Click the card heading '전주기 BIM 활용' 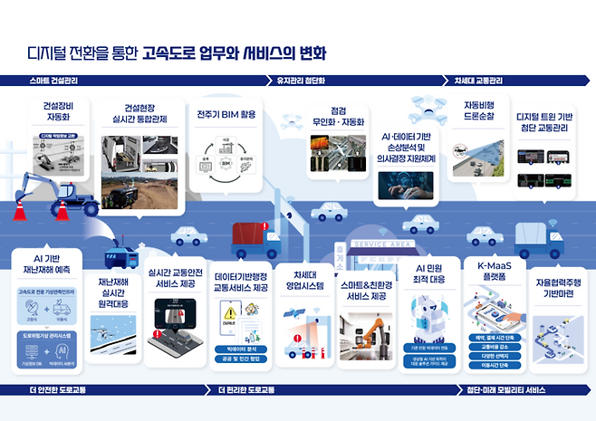coord(226,116)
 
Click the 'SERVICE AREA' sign coord(381,244)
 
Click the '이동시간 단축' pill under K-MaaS coord(489,365)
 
